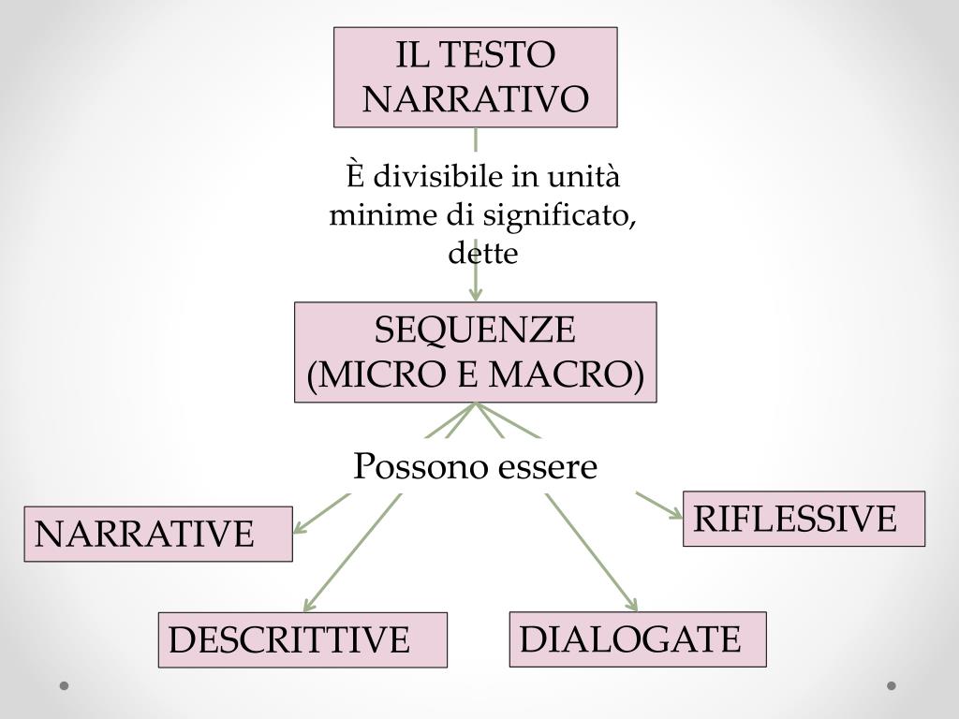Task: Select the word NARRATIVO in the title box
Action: pyautogui.click(x=476, y=98)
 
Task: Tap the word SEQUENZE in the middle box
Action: pyautogui.click(x=476, y=330)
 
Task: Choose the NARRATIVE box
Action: pyautogui.click(x=158, y=534)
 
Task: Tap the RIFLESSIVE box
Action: pyautogui.click(x=804, y=518)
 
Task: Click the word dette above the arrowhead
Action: pyautogui.click(x=482, y=254)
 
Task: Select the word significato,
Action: pyautogui.click(x=561, y=215)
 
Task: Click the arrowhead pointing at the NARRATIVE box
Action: pyautogui.click(x=300, y=527)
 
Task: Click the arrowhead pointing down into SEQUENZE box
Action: pyautogui.click(x=476, y=294)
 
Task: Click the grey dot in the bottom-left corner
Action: pyautogui.click(x=64, y=686)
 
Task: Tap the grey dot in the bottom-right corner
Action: pyautogui.click(x=892, y=686)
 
